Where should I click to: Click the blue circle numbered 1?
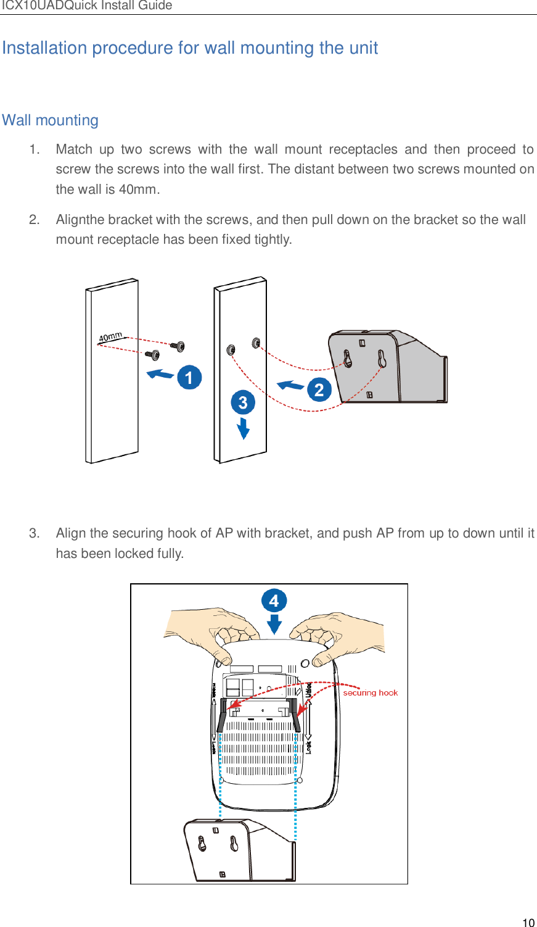tap(189, 377)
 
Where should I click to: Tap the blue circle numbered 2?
tap(319, 389)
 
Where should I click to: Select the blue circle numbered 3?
tap(243, 402)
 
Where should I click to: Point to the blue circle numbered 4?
tap(274, 601)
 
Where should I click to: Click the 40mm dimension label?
tap(111, 337)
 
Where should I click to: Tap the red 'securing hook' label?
tap(370, 692)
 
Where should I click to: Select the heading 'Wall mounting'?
tap(51, 120)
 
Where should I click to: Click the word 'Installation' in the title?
tap(44, 48)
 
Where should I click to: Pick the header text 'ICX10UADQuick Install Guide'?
tap(86, 6)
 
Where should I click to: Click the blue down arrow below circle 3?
tap(244, 428)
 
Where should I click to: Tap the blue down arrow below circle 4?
tap(274, 625)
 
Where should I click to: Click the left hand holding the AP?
tap(213, 633)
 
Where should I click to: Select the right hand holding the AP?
tap(339, 636)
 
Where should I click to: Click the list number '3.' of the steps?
tap(35, 533)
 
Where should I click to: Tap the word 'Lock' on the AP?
tap(309, 747)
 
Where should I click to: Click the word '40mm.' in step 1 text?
tap(139, 189)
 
